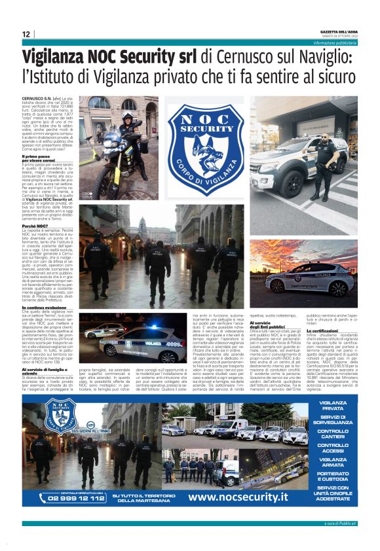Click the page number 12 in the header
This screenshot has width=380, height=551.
[x=26, y=34]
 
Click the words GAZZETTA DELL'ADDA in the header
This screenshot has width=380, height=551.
[x=334, y=31]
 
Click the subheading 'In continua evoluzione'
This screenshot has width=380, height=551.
[x=47, y=307]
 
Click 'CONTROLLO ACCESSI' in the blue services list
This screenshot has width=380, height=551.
[x=332, y=448]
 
